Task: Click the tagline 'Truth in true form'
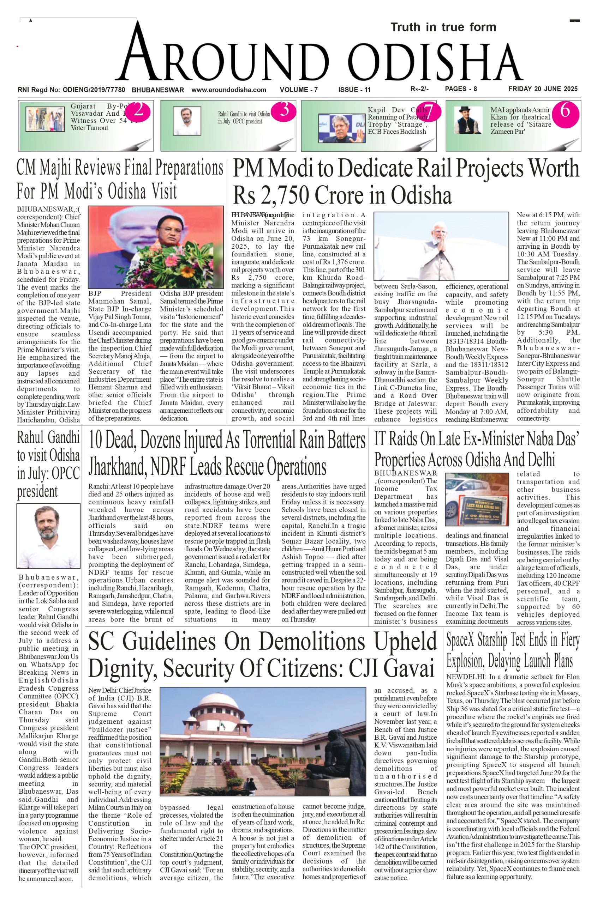(443, 28)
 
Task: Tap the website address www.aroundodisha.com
(228, 90)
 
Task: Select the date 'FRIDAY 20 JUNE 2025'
(543, 89)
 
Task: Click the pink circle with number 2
(138, 111)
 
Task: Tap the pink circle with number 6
(565, 111)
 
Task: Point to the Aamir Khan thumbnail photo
(468, 120)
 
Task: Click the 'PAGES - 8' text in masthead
(461, 89)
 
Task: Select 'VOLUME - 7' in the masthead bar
(299, 90)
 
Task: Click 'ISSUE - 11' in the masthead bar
(354, 90)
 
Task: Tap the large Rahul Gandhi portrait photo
(48, 535)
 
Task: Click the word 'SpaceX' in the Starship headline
(463, 641)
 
